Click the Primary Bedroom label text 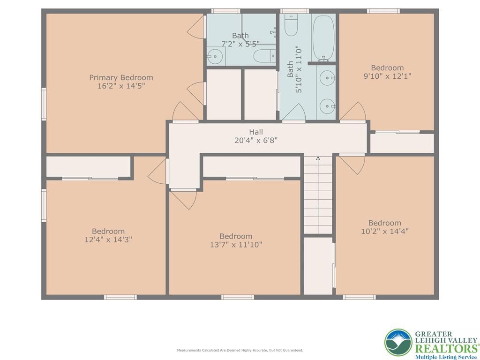(121, 77)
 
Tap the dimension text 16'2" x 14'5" (121, 86)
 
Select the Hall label (256, 132)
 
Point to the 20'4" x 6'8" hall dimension (256, 140)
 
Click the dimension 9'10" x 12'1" (387, 76)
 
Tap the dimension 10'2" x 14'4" (384, 231)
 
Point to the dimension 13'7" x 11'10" (236, 244)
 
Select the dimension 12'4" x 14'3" (108, 239)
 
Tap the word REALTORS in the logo (446, 348)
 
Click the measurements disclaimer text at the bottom (240, 350)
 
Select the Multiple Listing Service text (446, 357)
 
